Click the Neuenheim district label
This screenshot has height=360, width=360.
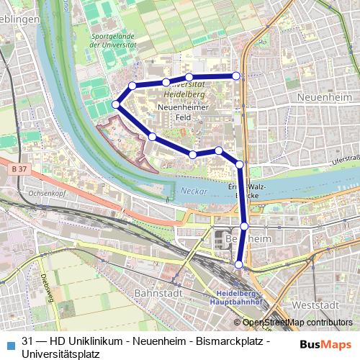point(327,96)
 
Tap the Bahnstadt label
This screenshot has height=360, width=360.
point(156,294)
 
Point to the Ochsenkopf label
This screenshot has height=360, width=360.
point(47,193)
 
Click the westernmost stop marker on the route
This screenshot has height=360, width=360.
point(116,105)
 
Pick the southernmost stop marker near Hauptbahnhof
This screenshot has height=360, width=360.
point(238,264)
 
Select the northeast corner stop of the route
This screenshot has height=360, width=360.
point(235,76)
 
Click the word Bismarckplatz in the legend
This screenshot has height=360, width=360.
point(231,341)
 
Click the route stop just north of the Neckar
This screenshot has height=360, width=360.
point(240,165)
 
